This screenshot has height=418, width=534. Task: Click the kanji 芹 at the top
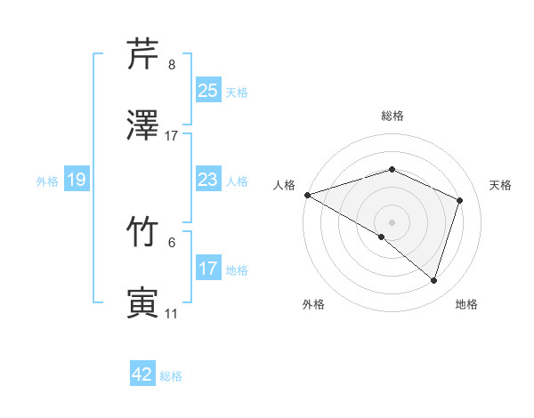point(142,54)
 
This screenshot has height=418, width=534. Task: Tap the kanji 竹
point(142,234)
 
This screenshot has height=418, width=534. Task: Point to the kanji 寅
point(142,303)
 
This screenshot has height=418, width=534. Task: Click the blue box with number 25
point(208,90)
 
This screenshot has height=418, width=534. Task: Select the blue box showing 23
point(208,180)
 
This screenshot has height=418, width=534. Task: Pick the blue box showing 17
point(208,269)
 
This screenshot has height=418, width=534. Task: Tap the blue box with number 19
point(77,180)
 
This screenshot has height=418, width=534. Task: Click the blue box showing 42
point(142,374)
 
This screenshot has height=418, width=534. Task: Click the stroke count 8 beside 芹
point(172,65)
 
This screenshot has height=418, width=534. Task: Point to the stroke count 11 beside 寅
point(172,314)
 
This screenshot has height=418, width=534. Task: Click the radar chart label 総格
point(392,116)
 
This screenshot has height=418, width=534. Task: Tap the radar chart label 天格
point(501,185)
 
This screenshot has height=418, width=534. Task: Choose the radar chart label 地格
point(466,305)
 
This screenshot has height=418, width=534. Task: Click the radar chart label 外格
point(313,305)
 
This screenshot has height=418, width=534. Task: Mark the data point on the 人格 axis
point(307,195)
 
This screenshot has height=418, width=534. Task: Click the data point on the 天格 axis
point(460,200)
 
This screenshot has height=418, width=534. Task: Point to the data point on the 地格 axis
point(433,281)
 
